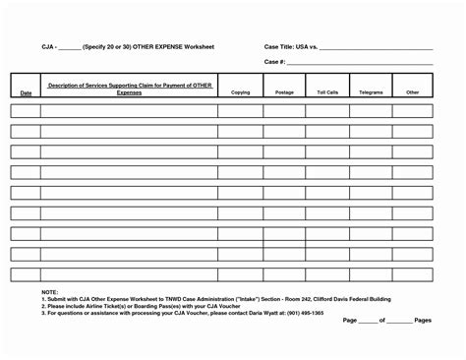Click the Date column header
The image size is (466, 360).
click(26, 92)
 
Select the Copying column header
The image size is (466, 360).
click(240, 91)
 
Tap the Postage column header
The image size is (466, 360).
click(284, 91)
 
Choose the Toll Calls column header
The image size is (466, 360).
click(327, 91)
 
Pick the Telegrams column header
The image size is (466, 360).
click(371, 91)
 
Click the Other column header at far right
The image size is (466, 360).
click(412, 91)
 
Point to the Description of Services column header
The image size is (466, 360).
click(130, 89)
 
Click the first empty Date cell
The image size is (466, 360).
click(26, 110)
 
